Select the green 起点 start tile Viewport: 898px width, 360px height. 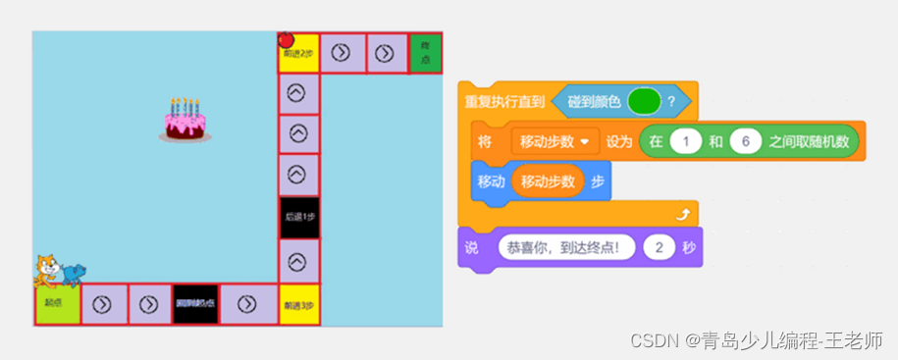click(57, 305)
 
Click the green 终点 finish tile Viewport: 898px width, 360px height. click(425, 53)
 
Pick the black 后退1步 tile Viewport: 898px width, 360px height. click(297, 217)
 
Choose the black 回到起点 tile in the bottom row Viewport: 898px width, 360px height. click(194, 305)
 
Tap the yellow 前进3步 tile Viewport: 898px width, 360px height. click(298, 306)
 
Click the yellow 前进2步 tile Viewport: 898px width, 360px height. click(298, 54)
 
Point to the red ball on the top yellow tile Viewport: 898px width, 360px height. click(287, 40)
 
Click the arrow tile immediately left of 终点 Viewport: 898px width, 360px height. click(387, 53)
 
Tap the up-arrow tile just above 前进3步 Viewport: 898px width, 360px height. click(297, 261)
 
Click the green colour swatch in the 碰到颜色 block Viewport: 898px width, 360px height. click(643, 100)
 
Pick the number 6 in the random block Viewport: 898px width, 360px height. click(746, 141)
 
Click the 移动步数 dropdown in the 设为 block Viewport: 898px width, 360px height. click(555, 141)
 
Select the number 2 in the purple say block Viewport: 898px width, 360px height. click(659, 248)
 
